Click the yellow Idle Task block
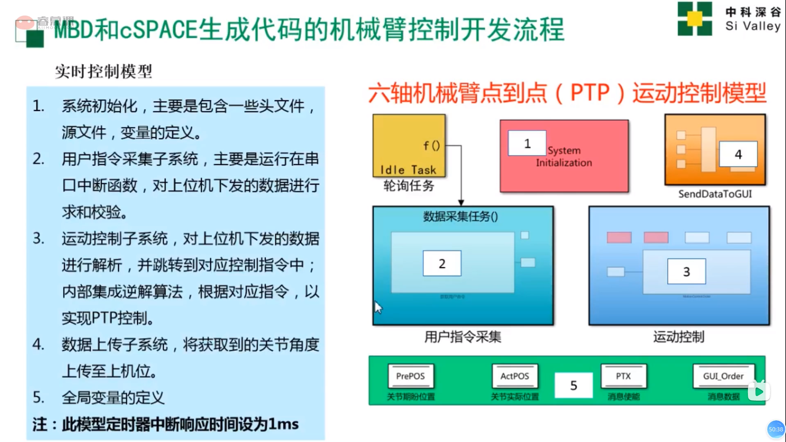pos(409,145)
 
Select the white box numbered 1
pos(527,143)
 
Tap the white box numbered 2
pos(442,264)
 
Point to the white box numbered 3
pos(687,271)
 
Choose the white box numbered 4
pos(738,154)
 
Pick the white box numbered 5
pos(574,385)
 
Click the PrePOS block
pos(411,376)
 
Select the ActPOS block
pos(515,376)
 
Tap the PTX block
pos(623,376)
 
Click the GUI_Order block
pos(723,376)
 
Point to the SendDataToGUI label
pos(715,194)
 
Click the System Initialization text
pos(564,157)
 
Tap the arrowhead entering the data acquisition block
pos(461,203)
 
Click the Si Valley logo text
pos(753,26)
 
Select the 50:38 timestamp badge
pos(776,429)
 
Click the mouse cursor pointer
pos(378,307)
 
